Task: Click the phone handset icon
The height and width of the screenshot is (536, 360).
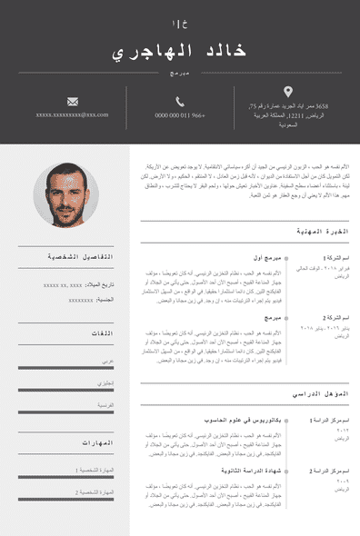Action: pyautogui.click(x=180, y=101)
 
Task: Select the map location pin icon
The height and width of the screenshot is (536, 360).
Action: pyautogui.click(x=288, y=91)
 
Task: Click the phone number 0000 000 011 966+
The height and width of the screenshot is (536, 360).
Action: pyautogui.click(x=180, y=115)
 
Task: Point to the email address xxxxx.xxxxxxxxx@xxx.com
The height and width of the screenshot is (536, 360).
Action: pyautogui.click(x=72, y=115)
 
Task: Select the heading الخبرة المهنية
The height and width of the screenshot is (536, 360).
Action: pyautogui.click(x=323, y=233)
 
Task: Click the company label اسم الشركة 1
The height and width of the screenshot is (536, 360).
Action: pyautogui.click(x=333, y=258)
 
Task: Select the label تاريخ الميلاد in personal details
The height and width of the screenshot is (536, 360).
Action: pyautogui.click(x=101, y=284)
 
